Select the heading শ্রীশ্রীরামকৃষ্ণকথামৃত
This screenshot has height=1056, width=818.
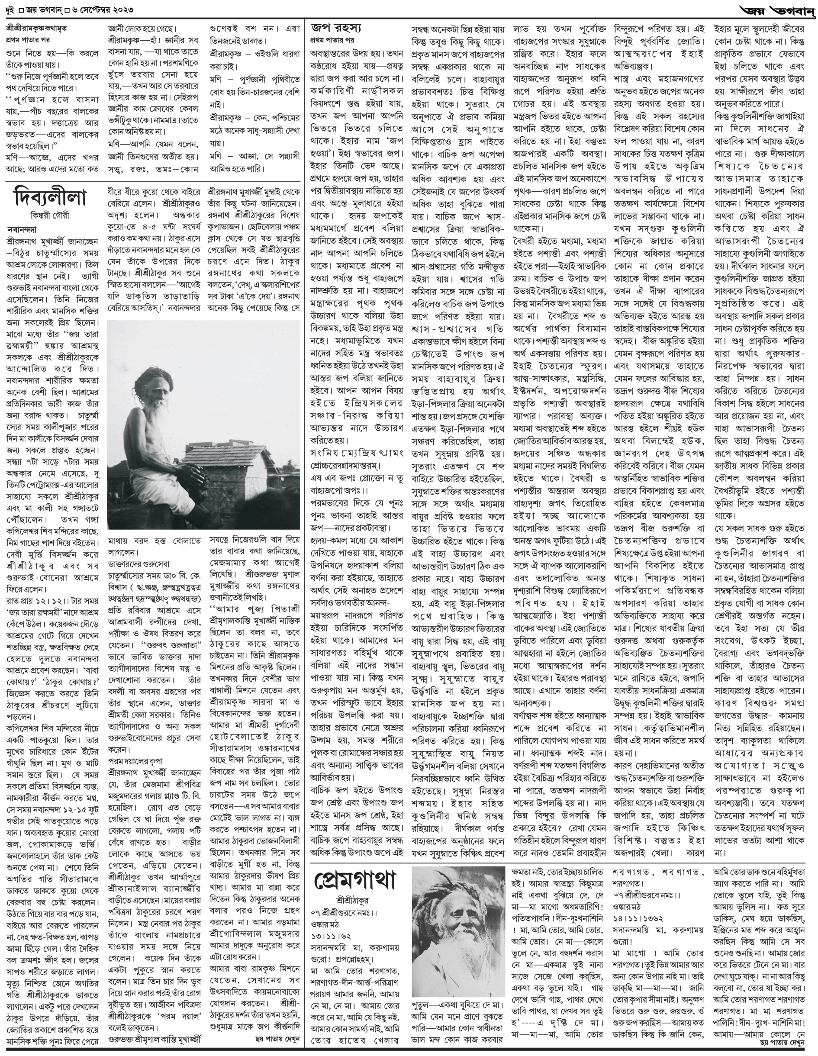[x=44, y=29]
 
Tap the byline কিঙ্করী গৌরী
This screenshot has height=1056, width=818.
[x=50, y=216]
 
